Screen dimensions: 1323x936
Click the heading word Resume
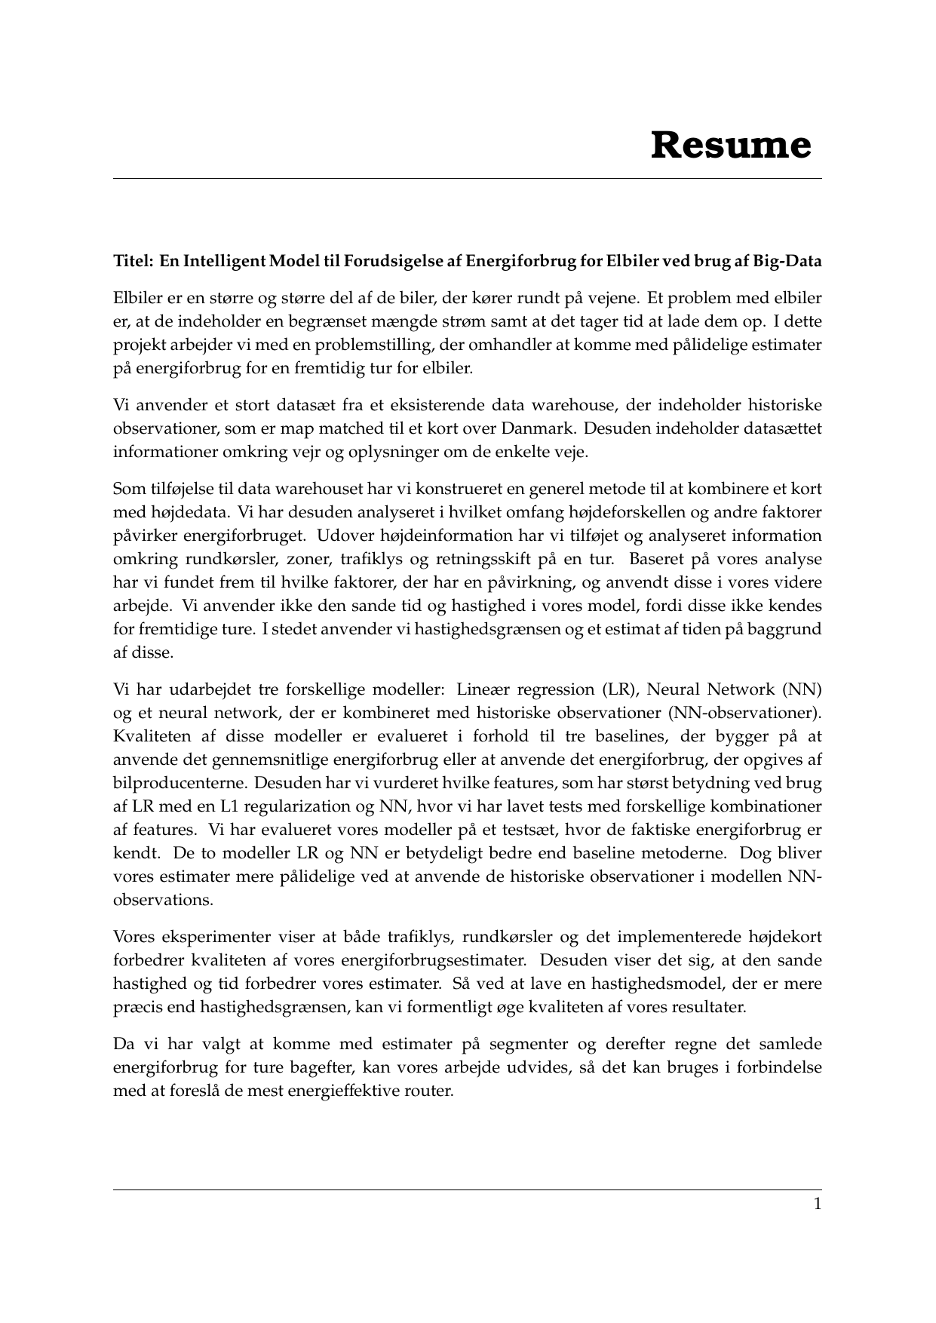[x=731, y=145]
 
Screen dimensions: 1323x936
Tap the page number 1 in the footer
[x=817, y=1204]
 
